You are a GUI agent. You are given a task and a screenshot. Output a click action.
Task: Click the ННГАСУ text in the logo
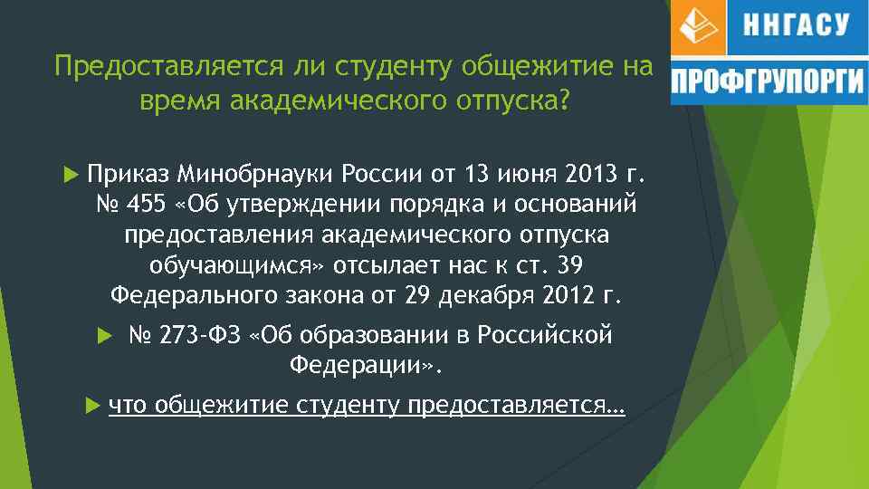(796, 26)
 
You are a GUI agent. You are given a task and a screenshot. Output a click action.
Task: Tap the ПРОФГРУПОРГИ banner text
(768, 83)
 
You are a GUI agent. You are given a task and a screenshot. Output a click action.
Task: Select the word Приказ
(129, 173)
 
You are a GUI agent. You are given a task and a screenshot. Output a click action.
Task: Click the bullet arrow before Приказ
(74, 172)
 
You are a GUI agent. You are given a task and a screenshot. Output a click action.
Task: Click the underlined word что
(128, 403)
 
